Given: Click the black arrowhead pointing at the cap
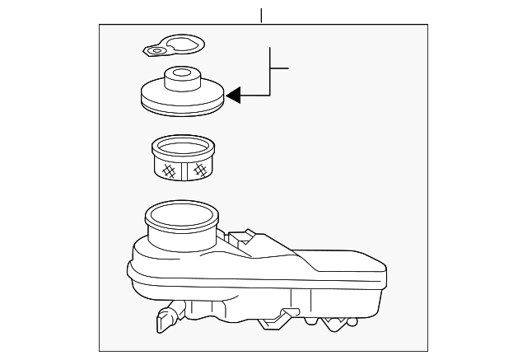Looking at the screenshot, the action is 235,96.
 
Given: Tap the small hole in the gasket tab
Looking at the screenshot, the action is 156,51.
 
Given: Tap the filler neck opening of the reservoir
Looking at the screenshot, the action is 180,217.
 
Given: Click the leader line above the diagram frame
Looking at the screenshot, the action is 262,15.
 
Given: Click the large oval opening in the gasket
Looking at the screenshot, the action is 180,44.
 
